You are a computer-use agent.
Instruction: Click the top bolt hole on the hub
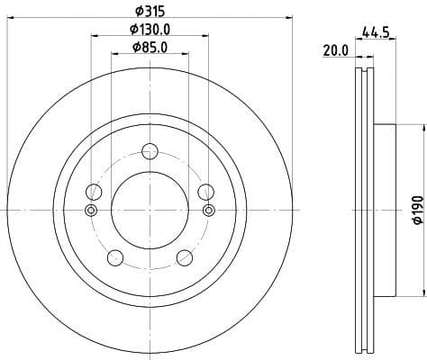[x=150, y=152]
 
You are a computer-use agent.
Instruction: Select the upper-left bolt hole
[x=93, y=192]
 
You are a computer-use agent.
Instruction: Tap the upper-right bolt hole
[x=206, y=192]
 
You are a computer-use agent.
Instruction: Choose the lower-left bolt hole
[x=114, y=258]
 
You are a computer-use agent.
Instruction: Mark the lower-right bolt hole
[x=185, y=258]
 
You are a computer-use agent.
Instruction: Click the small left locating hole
[x=90, y=211]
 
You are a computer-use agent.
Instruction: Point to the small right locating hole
[x=209, y=211]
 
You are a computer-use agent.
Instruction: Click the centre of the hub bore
[x=150, y=211]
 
